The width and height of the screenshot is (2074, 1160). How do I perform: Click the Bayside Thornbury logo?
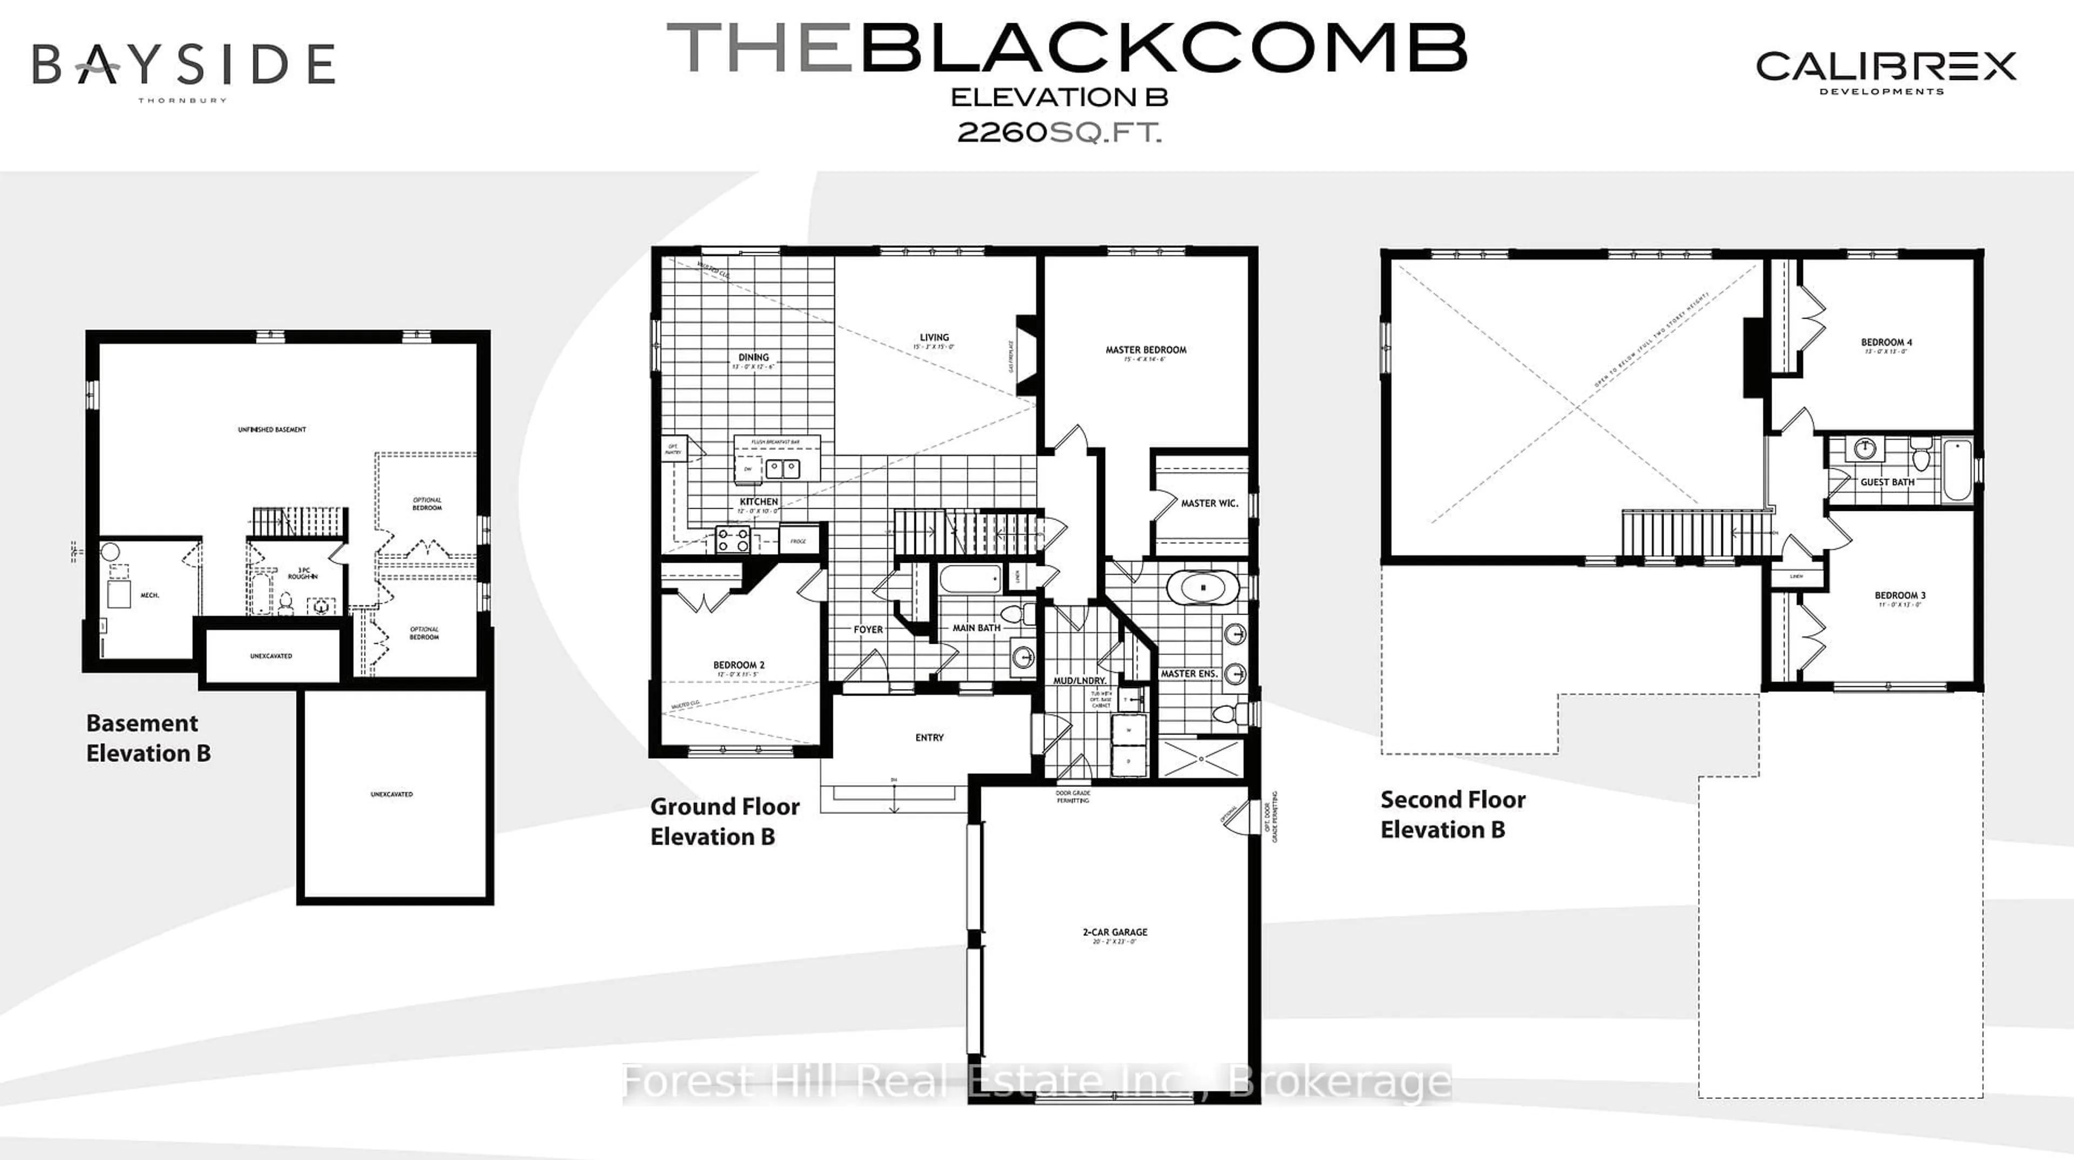click(x=184, y=69)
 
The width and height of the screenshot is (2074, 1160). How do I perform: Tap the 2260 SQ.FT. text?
click(x=1059, y=132)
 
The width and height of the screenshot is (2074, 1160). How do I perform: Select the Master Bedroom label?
click(x=1145, y=350)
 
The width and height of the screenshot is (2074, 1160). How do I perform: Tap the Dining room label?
click(x=753, y=358)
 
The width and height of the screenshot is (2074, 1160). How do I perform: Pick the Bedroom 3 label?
click(x=1900, y=596)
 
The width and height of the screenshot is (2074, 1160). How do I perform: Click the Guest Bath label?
click(x=1887, y=482)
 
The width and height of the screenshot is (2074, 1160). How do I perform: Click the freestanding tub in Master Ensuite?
click(x=1203, y=588)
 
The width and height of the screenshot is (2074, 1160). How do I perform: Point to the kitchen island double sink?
click(x=782, y=468)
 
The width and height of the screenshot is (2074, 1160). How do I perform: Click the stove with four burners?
click(x=733, y=539)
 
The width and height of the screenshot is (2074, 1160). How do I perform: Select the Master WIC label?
click(x=1209, y=503)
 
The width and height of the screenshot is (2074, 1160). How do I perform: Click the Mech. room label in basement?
click(x=150, y=595)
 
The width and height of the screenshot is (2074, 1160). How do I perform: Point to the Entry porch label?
click(x=929, y=737)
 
